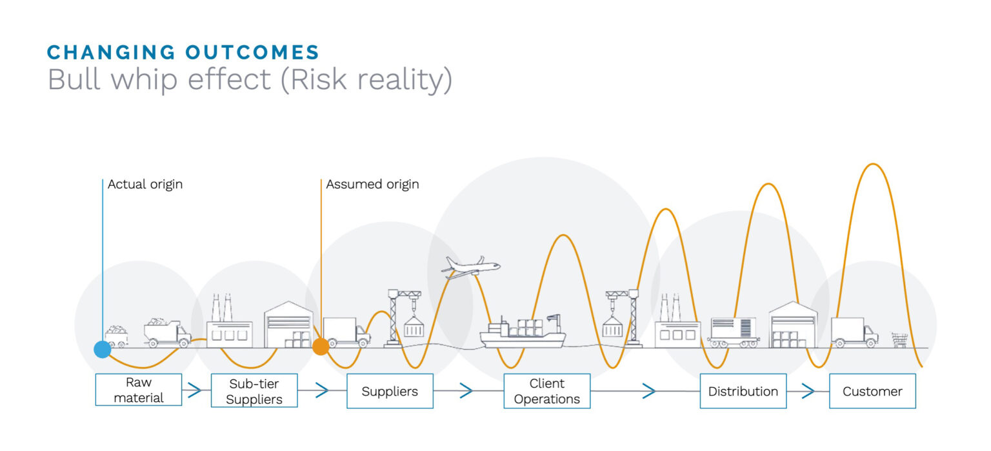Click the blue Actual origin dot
point(102,349)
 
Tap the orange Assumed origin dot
point(321,346)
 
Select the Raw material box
point(139,390)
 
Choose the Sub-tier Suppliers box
point(254,391)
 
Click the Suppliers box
point(390,391)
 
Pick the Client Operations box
point(547,391)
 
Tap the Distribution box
point(743,391)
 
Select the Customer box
point(872,391)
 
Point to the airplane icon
point(470,266)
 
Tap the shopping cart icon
point(899,339)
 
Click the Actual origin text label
point(145,185)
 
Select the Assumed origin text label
point(372,185)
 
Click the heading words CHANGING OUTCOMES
point(183,52)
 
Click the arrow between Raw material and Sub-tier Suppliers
point(192,390)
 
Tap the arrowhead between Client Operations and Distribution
point(649,391)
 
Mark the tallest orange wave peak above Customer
point(874,165)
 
